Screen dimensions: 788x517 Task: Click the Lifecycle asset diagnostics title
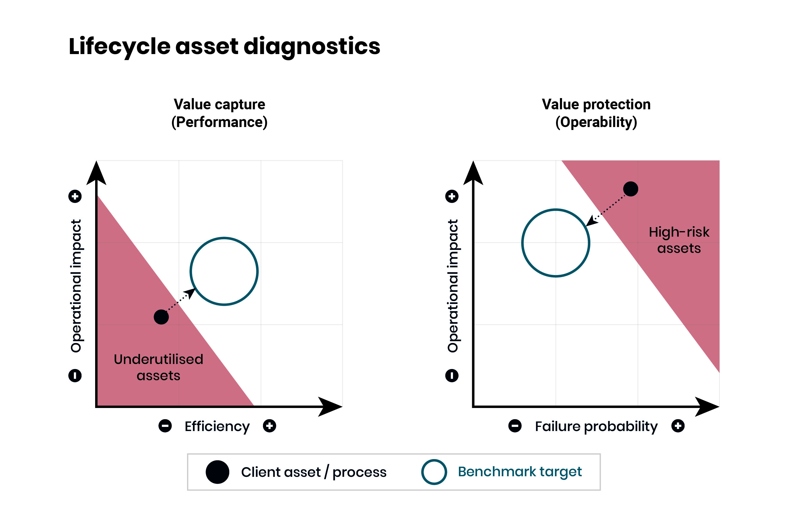tap(224, 46)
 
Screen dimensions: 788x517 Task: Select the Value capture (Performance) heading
tap(219, 113)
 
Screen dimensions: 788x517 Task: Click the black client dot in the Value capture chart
tap(161, 317)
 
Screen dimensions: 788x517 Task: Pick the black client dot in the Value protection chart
tap(631, 189)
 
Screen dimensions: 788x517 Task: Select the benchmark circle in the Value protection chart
tap(522, 243)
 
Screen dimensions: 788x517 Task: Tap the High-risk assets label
tap(679, 240)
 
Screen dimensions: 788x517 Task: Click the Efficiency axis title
tap(217, 426)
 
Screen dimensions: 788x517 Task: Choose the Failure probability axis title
tap(596, 426)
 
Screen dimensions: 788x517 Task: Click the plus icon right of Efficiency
tap(269, 426)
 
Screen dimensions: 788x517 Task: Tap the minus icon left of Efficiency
tap(165, 426)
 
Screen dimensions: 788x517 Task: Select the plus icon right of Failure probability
tap(678, 426)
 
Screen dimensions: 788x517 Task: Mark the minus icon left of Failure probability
tap(515, 426)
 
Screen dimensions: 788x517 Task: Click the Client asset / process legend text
tap(313, 472)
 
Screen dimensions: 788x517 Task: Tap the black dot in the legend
tap(217, 472)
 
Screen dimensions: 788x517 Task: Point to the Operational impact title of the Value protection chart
tap(453, 286)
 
